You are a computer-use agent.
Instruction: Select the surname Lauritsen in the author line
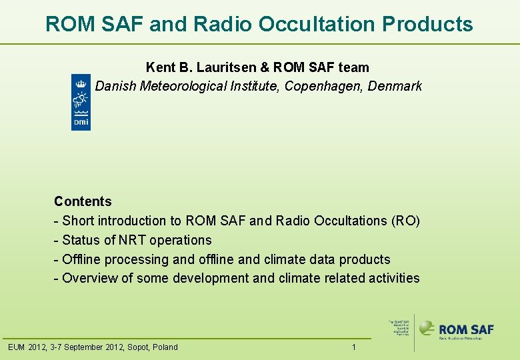(x=225, y=67)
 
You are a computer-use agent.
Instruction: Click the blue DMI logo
(x=81, y=102)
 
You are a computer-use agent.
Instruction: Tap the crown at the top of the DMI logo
(x=81, y=83)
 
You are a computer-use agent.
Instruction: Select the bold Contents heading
(x=83, y=201)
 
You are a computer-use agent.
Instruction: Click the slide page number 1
(x=354, y=347)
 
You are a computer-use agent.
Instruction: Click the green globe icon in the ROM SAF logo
(x=427, y=328)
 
